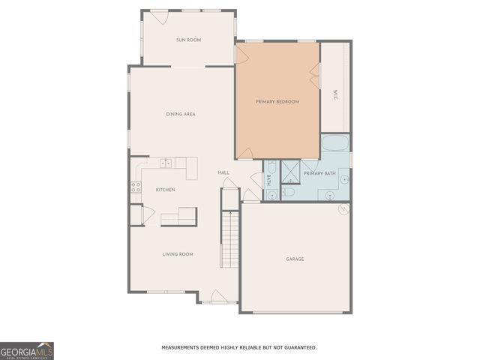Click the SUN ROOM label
click(188, 40)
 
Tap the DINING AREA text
click(181, 114)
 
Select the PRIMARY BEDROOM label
click(277, 101)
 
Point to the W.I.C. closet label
click(334, 94)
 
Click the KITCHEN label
click(165, 190)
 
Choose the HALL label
click(223, 173)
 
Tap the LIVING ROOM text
click(178, 254)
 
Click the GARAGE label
click(295, 259)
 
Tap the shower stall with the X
click(290, 172)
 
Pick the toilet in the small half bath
click(289, 193)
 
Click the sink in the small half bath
click(271, 193)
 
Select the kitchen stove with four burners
click(136, 187)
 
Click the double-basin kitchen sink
click(166, 163)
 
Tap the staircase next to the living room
click(229, 238)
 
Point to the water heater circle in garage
click(343, 209)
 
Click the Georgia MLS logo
click(27, 350)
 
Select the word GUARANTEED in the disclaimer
click(297, 347)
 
